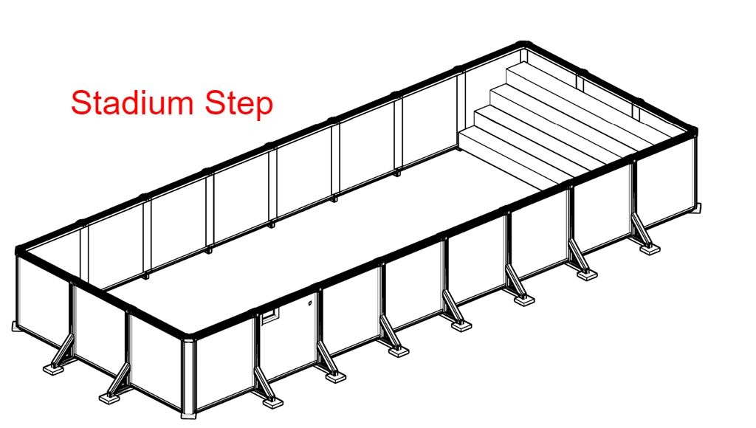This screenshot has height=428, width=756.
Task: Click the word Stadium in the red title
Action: (x=133, y=102)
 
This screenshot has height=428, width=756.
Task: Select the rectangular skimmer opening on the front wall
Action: (x=269, y=316)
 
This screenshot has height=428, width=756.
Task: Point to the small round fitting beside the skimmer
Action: (x=310, y=303)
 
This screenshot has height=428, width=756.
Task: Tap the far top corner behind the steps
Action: (x=524, y=45)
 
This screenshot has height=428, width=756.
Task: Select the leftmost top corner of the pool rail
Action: (x=20, y=250)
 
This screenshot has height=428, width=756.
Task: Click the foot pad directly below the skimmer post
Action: (x=272, y=401)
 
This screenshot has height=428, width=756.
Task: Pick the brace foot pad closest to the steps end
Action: (x=649, y=249)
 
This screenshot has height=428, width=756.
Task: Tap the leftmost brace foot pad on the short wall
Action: (x=55, y=370)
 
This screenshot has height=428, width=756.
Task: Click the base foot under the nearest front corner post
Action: (x=188, y=415)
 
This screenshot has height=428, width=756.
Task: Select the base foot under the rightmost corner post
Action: (x=697, y=208)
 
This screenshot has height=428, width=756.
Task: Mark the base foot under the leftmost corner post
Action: (x=16, y=327)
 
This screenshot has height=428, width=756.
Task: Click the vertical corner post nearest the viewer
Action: (x=188, y=376)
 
